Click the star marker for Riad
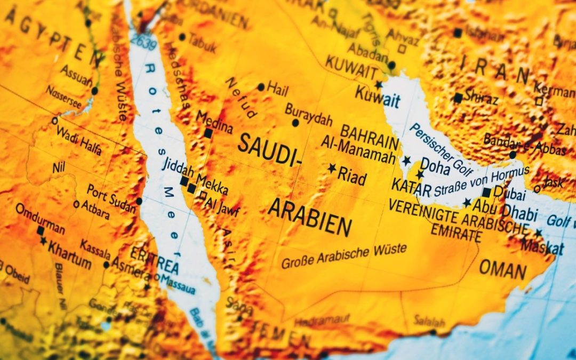tap(332, 169)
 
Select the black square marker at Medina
tap(208, 133)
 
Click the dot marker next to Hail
tap(261, 87)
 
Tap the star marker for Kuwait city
tap(379, 85)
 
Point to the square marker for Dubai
tap(486, 193)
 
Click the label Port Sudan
tap(111, 195)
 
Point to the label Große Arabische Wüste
tap(343, 255)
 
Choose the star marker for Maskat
tap(538, 233)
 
